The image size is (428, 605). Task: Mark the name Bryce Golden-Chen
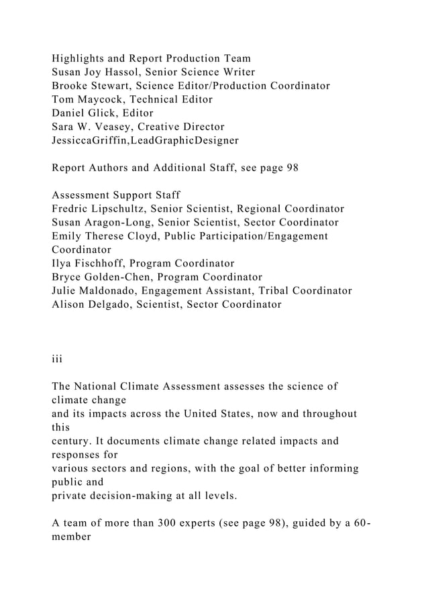coord(101,277)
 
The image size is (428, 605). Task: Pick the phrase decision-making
coord(143,496)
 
